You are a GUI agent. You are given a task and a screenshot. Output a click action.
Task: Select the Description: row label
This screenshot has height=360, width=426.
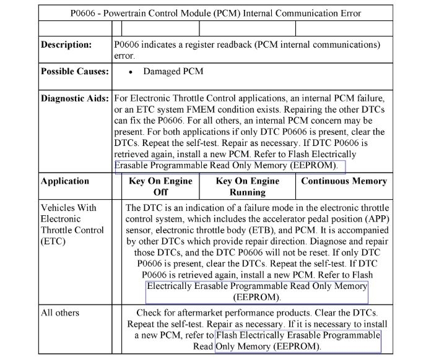(66, 45)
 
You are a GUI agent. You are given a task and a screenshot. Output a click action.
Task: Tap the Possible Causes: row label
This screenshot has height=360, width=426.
(74, 72)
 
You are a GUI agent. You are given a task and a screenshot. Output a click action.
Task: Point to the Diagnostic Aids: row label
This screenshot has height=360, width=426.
(74, 98)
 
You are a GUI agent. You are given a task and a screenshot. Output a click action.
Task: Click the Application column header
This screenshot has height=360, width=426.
(65, 181)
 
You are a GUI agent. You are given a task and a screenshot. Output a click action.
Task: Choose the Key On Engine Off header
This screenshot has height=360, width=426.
(160, 187)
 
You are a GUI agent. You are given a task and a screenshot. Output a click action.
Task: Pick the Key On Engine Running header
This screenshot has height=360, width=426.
(248, 187)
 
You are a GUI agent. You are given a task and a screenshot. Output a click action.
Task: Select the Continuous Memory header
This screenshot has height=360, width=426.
(344, 181)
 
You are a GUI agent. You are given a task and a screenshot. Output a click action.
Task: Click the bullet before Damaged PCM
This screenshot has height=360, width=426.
(131, 72)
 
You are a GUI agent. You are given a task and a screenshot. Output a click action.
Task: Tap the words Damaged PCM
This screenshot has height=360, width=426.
(173, 72)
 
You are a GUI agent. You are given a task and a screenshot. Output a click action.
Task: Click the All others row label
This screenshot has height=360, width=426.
(60, 313)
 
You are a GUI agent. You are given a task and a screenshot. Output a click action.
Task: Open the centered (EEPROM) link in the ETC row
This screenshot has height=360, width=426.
(256, 298)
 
